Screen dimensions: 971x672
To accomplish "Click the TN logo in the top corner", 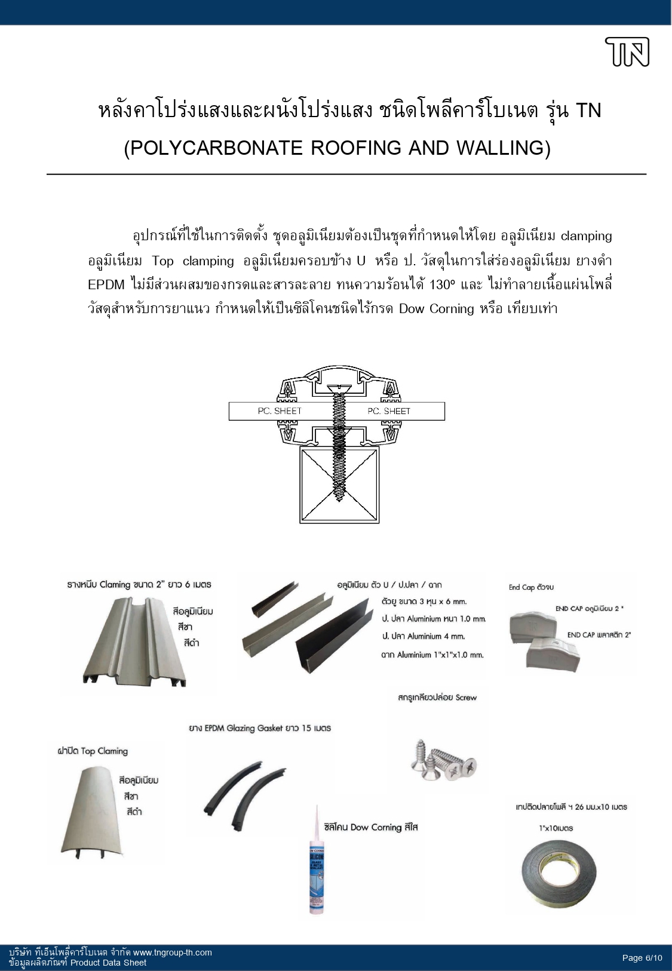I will point(627,52).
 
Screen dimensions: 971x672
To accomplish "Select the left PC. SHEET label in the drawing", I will point(280,411).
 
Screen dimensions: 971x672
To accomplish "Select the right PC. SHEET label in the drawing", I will point(389,411).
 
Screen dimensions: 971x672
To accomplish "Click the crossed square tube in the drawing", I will point(339,485).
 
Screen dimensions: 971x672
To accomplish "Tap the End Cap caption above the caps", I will point(531,587).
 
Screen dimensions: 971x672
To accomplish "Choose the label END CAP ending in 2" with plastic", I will point(599,635).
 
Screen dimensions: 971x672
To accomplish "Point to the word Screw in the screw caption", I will point(466,697).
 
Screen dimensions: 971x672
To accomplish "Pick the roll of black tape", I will point(558,873).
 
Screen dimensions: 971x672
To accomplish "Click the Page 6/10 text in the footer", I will point(642,958).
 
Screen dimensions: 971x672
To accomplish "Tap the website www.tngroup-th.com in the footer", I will point(172,952).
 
